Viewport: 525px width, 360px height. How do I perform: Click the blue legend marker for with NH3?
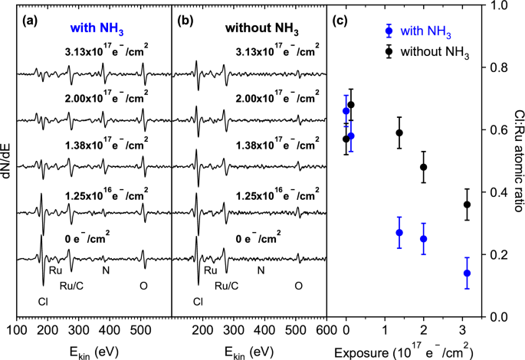390,31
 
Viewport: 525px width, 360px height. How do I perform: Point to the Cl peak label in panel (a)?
43,301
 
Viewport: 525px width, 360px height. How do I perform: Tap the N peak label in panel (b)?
261,270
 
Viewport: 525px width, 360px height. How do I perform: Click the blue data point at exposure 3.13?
467,273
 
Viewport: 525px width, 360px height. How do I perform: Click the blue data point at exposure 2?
424,239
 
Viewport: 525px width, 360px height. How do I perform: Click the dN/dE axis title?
8,160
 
